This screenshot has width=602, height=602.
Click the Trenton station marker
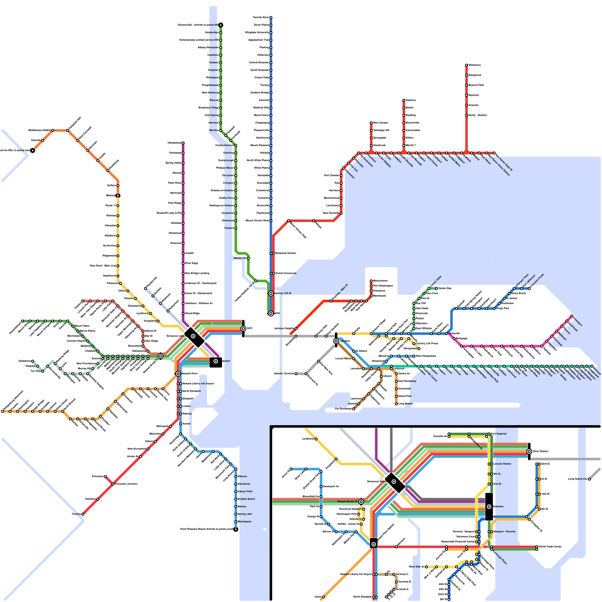point(83,514)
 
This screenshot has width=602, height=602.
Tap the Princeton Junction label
point(126,484)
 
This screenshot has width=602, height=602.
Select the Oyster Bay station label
point(445,288)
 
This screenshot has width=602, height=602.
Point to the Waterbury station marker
point(467,65)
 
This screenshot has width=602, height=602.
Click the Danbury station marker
point(404,100)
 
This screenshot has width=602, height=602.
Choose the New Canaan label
point(380,123)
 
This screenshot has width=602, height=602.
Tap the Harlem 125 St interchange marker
point(271,293)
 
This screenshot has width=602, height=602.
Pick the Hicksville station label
point(455,333)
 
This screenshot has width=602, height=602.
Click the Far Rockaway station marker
point(354,409)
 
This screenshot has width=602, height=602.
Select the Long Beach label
point(405,404)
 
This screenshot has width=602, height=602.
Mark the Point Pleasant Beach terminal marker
point(236,529)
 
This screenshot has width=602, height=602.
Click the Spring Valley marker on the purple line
point(183,163)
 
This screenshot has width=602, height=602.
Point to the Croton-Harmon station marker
point(236,145)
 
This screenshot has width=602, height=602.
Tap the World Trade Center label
point(550,546)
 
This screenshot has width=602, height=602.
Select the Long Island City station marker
point(589,479)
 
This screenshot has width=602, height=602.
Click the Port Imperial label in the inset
point(499,434)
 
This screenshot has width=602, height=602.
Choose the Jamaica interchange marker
point(336,341)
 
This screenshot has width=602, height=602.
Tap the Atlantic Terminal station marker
point(296,374)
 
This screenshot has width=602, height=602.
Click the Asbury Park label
point(245,491)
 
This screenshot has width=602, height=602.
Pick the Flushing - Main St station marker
point(331,301)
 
